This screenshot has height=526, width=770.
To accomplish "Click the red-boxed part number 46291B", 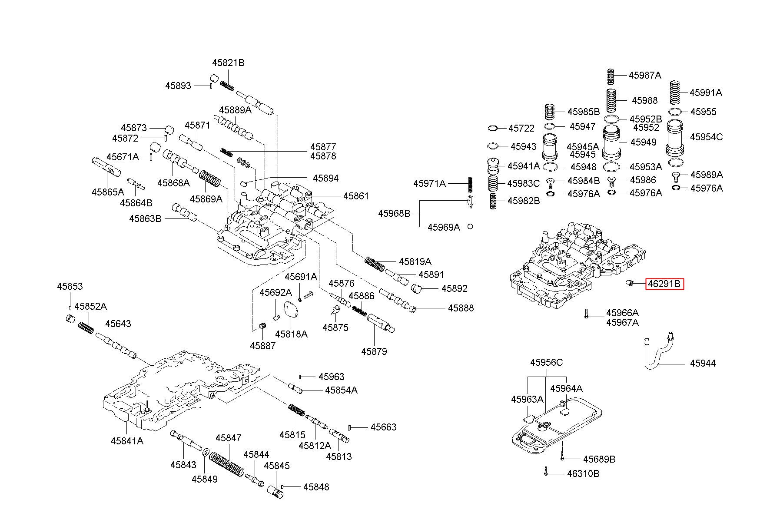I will tap(664, 284).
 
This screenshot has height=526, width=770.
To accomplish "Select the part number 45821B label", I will tap(228, 63).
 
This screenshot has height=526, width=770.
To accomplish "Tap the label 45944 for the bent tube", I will tap(703, 363).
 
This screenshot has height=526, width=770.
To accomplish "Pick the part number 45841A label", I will tap(127, 440).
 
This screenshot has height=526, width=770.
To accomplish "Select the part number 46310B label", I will tap(583, 473).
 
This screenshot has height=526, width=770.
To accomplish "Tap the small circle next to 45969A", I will tap(470, 227).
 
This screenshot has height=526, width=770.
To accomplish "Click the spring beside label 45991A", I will tap(674, 93).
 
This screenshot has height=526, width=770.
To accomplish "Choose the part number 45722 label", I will tap(521, 128).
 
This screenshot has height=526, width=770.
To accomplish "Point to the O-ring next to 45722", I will tap(493, 128).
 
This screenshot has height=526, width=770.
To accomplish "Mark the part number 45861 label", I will tap(356, 196).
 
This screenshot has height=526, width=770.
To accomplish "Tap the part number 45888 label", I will tap(461, 308).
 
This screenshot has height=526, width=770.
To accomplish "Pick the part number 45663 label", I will tap(383, 427).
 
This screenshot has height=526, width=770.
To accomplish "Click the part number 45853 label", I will tap(70, 286).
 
